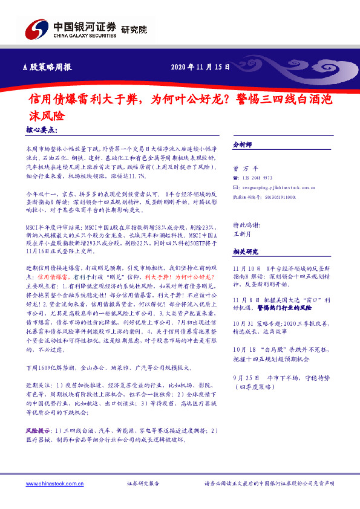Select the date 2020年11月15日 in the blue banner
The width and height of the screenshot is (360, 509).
point(201,67)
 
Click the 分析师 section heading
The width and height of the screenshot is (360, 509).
point(243,145)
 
